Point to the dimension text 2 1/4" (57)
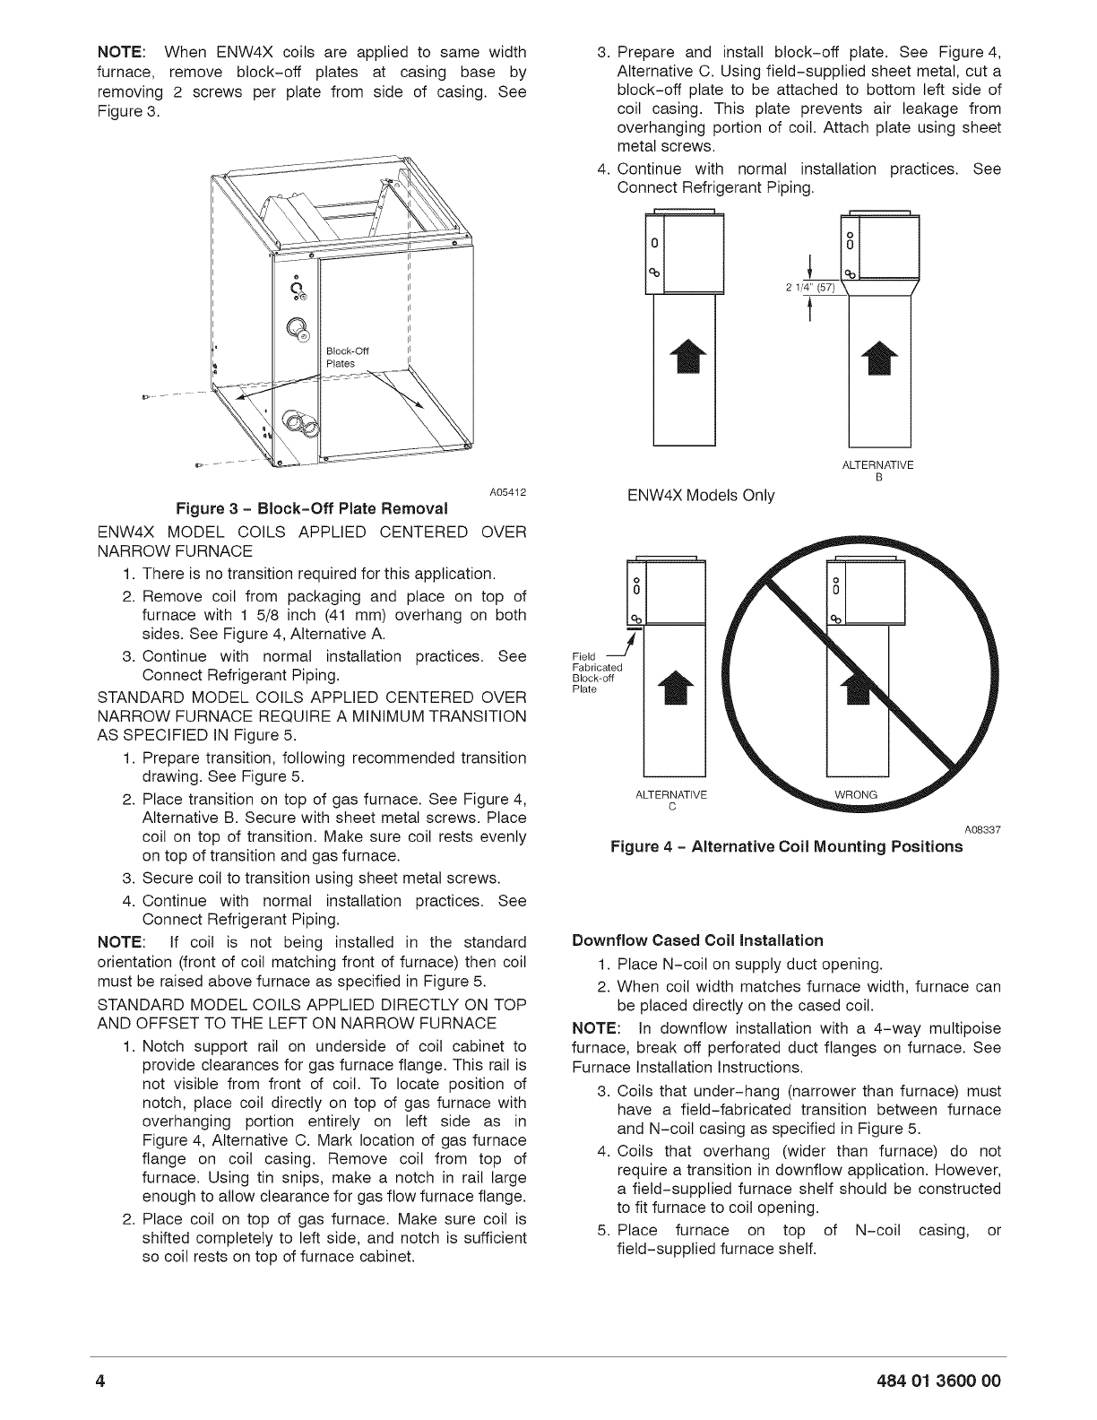point(807,287)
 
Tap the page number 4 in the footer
point(103,1380)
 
